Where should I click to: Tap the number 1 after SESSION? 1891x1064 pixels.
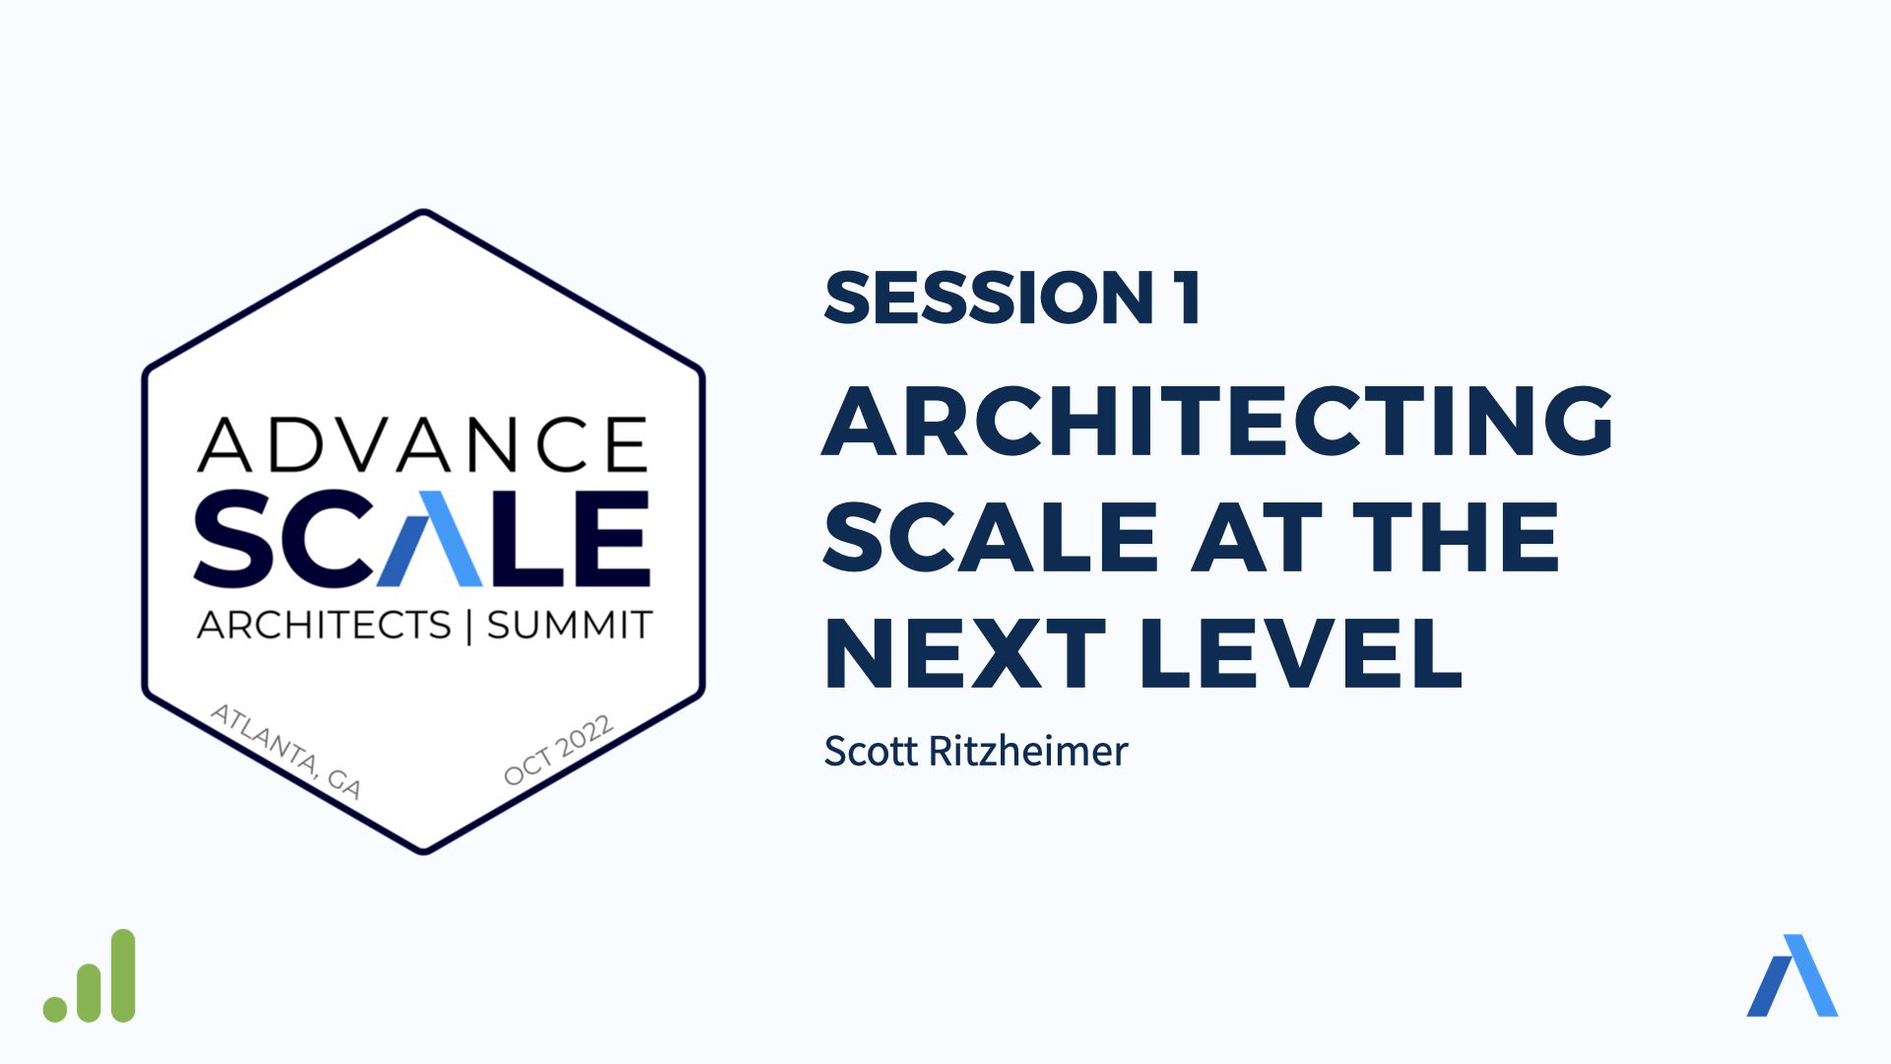1188,298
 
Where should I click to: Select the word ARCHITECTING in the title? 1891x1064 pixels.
1217,421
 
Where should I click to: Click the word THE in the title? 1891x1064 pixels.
1456,537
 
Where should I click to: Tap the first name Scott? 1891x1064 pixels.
871,752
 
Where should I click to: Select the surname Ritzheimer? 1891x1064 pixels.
1028,752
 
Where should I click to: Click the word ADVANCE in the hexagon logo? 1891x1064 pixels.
423,444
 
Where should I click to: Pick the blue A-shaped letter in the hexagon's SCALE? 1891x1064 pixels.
430,539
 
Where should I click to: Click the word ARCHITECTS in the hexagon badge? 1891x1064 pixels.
324,625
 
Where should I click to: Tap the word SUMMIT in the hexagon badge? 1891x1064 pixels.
569,625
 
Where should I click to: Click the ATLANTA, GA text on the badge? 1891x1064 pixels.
287,751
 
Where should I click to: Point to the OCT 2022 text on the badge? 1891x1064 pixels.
558,750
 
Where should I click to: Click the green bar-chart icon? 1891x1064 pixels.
90,975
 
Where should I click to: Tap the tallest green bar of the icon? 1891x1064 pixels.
122,975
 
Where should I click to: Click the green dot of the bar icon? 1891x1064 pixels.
55,1009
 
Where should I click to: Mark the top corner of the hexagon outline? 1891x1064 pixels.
424,211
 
